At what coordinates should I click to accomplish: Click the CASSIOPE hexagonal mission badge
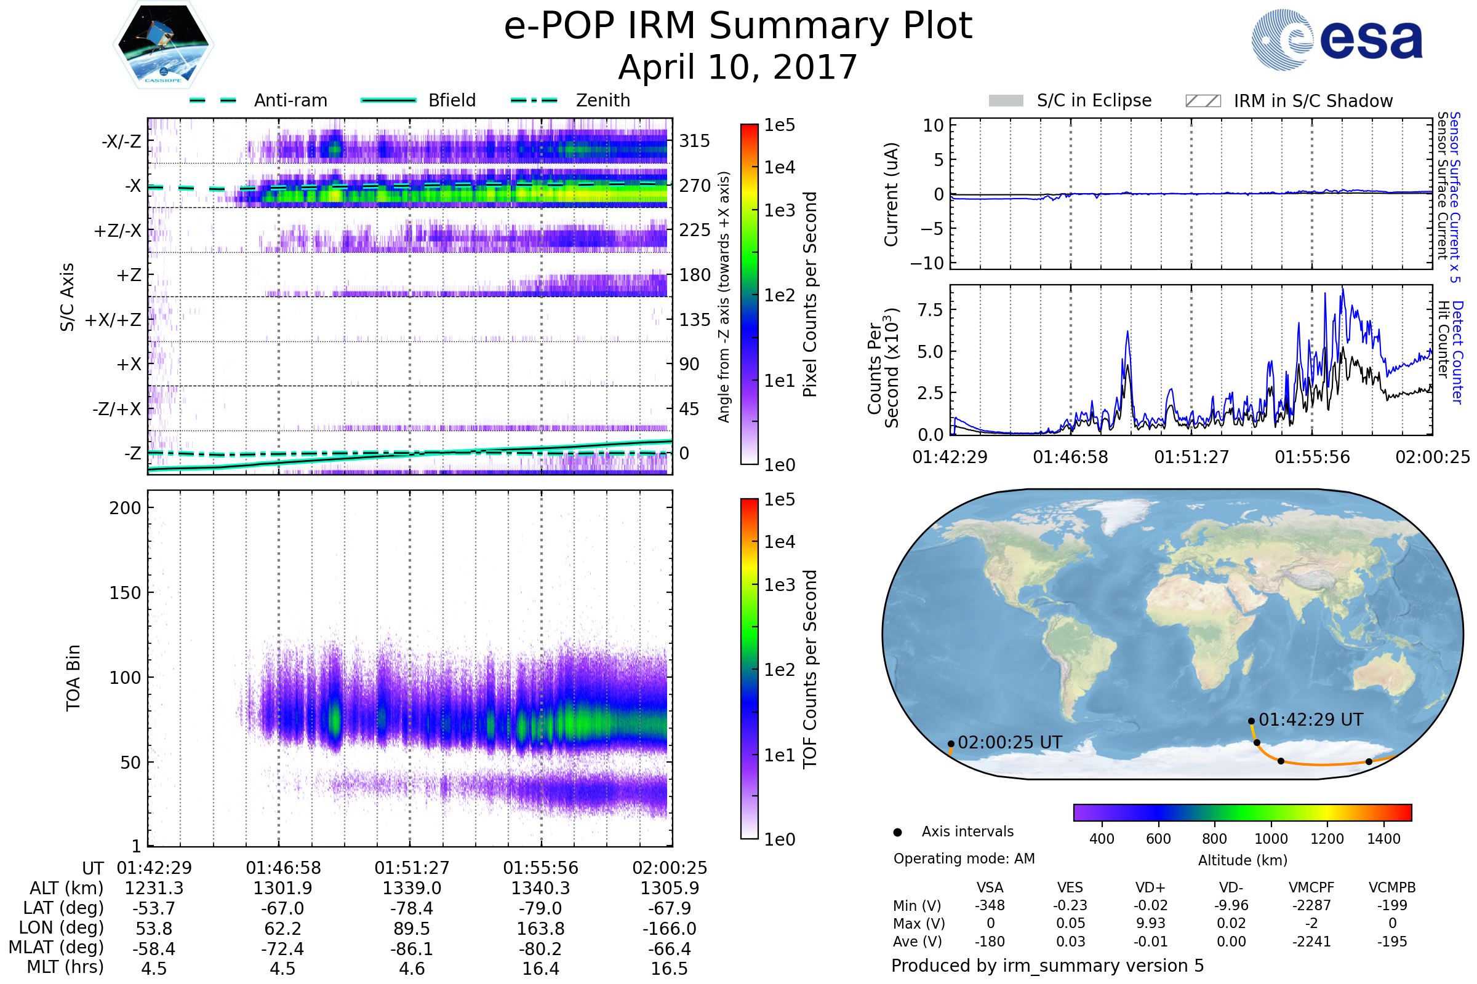(x=163, y=44)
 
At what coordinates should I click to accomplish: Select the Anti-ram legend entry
(x=258, y=100)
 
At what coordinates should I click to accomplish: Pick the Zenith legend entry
(x=570, y=100)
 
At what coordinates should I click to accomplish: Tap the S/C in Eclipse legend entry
(x=1070, y=100)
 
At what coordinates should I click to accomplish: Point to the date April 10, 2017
(x=738, y=67)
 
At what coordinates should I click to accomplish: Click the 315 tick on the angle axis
(x=695, y=141)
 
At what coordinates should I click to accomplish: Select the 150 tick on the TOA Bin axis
(x=125, y=593)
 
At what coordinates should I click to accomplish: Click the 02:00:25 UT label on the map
(x=1010, y=742)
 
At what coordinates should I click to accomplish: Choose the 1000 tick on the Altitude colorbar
(x=1271, y=839)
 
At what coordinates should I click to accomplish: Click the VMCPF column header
(x=1311, y=888)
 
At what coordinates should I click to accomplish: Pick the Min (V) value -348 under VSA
(x=990, y=905)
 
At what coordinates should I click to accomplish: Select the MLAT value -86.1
(x=412, y=949)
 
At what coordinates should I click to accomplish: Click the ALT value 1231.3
(x=154, y=889)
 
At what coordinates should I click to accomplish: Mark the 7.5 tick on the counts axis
(x=931, y=309)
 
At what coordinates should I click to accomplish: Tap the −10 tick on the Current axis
(x=927, y=263)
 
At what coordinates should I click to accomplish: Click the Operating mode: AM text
(x=964, y=859)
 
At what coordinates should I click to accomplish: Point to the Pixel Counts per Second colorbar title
(x=810, y=295)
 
